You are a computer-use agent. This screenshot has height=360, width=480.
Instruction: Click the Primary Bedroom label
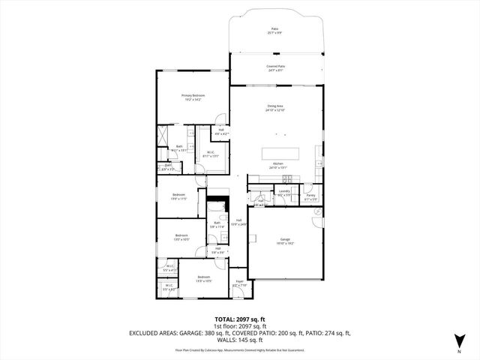point(193,97)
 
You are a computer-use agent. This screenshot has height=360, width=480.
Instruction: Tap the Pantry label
point(310,197)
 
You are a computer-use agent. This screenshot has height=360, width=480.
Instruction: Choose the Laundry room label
point(283,193)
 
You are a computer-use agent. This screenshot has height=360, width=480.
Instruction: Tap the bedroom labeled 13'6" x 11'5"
point(179,196)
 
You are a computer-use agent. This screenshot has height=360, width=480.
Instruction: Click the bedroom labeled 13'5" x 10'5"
point(181,238)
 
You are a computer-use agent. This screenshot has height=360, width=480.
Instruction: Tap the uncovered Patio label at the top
point(275,31)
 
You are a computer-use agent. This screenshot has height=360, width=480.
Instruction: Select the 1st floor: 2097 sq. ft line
point(239,326)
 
